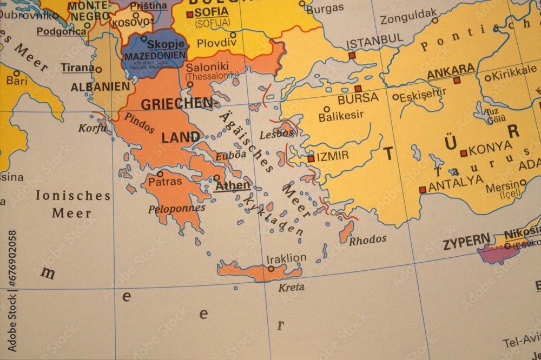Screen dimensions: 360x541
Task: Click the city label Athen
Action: [233, 186]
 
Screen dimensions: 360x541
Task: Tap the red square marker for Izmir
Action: [311, 159]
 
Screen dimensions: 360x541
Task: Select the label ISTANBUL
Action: [374, 39]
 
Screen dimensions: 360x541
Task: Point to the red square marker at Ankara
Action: [457, 81]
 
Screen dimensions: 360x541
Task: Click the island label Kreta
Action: [291, 288]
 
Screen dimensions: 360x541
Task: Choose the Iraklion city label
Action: [287, 258]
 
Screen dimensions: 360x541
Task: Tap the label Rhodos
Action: [368, 239]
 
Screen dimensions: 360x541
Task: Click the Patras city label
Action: [165, 182]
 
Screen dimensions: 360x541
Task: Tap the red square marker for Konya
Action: [464, 154]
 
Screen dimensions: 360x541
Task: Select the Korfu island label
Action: [89, 128]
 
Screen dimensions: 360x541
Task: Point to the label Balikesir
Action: [341, 115]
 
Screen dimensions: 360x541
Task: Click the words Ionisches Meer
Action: [72, 204]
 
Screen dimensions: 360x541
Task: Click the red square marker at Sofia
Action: [189, 15]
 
